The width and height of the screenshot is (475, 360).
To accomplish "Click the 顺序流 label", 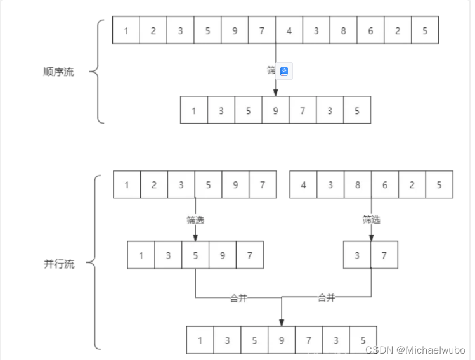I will [59, 72].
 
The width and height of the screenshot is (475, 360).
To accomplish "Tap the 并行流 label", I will [59, 264].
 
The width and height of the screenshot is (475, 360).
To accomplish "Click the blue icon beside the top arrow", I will [285, 72].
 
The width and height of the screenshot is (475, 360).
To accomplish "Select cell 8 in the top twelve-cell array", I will [343, 30].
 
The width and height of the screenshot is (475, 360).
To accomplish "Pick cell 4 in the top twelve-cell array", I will [289, 30].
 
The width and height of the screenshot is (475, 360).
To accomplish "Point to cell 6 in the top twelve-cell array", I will [370, 30].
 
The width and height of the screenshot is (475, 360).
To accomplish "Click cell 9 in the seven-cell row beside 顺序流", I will [275, 110].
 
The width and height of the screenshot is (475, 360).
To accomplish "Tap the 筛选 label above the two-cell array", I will [372, 220].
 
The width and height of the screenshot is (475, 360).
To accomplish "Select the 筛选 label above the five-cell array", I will [195, 221].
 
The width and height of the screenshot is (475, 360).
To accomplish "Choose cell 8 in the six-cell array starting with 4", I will [358, 185].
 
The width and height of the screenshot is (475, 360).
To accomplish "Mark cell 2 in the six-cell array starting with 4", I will [412, 185].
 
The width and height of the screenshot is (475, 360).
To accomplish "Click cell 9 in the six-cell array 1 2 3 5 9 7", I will [235, 185].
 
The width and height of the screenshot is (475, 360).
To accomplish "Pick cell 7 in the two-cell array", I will [384, 255].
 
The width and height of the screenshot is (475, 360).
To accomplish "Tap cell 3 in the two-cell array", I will [357, 255].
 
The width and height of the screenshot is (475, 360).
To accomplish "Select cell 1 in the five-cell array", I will [141, 255].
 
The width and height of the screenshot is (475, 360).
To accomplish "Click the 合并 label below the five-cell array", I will [238, 298].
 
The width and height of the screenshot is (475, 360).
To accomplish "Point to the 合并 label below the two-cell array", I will [326, 298].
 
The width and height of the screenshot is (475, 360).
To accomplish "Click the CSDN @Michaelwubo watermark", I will [415, 350].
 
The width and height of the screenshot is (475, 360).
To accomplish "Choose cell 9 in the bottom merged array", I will [282, 340].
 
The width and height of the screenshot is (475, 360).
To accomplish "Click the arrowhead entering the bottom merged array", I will [282, 322].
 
